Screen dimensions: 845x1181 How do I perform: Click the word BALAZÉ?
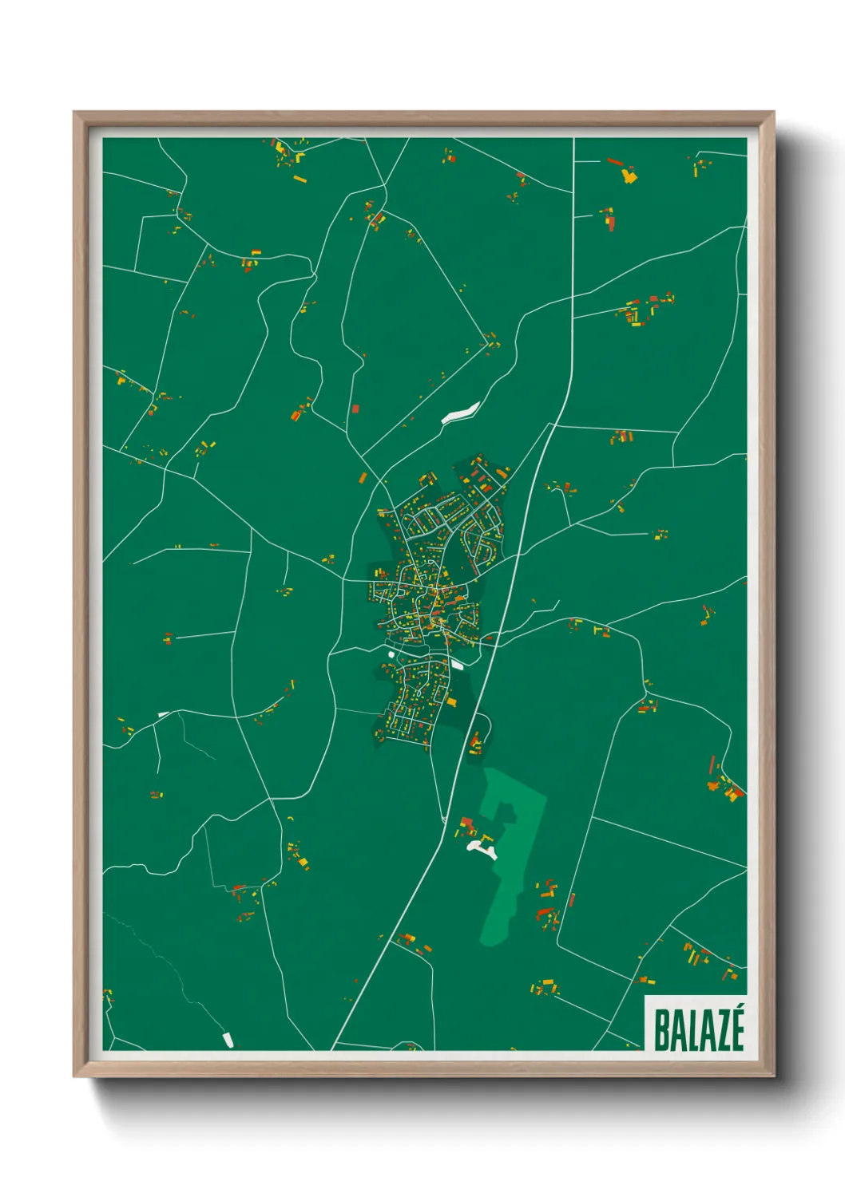[x=699, y=1029]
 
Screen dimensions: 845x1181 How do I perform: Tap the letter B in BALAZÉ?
[x=661, y=1030]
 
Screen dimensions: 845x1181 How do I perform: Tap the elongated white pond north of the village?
[x=461, y=412]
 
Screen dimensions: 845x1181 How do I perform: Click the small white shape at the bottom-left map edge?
[x=228, y=1039]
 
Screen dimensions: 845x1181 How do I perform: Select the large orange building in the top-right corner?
[x=629, y=175]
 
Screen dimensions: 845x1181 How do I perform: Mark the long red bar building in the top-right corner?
[x=614, y=162]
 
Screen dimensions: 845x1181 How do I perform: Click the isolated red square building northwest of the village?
[x=355, y=409]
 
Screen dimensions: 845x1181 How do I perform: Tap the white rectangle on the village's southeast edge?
[x=458, y=664]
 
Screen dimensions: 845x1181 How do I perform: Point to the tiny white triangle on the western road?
[x=163, y=714]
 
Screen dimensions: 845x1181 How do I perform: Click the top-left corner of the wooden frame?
[x=74, y=113]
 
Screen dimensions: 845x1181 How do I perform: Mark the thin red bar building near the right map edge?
[x=711, y=764]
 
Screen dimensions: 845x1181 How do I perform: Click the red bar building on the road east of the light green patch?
[x=571, y=900]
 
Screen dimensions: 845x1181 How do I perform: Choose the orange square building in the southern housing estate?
[x=452, y=702]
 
